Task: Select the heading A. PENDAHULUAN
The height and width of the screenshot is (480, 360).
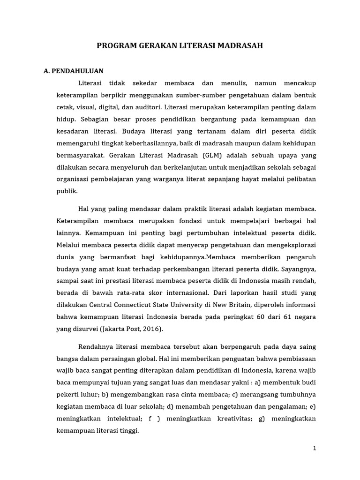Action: [73, 71]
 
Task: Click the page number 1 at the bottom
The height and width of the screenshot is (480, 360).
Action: [315, 448]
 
